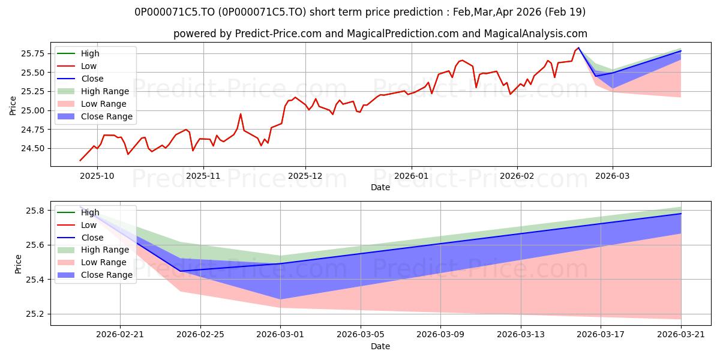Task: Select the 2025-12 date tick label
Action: click(305, 176)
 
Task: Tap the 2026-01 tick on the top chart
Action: click(412, 176)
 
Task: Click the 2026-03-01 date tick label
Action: click(280, 335)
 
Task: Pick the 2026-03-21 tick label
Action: click(681, 335)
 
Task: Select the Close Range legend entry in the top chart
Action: click(95, 116)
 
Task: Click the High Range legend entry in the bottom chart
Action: click(93, 250)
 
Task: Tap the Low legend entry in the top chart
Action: click(77, 66)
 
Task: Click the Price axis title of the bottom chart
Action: click(18, 264)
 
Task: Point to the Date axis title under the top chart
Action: click(380, 187)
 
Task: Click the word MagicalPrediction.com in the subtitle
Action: click(403, 34)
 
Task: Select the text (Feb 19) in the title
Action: click(565, 12)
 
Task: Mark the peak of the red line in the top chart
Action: click(578, 47)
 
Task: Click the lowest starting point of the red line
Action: click(80, 160)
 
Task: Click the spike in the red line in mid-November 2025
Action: click(241, 114)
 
